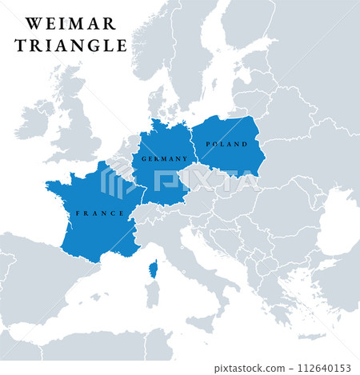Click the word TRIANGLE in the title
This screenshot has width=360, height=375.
[70, 46]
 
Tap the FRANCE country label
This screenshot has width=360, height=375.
[99, 213]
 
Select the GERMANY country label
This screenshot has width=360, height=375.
[164, 159]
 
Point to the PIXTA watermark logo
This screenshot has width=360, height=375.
[180, 180]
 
